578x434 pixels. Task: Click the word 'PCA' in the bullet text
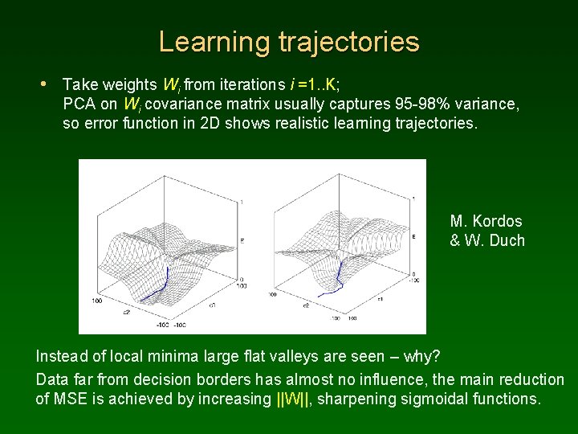click(x=78, y=104)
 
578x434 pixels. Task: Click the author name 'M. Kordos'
click(x=486, y=221)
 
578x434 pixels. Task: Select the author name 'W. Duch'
click(x=495, y=240)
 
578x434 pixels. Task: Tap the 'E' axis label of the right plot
click(x=413, y=237)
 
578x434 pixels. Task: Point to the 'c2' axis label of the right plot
click(x=306, y=305)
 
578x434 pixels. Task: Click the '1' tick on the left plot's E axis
click(x=242, y=201)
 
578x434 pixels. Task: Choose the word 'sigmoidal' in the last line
click(x=439, y=399)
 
